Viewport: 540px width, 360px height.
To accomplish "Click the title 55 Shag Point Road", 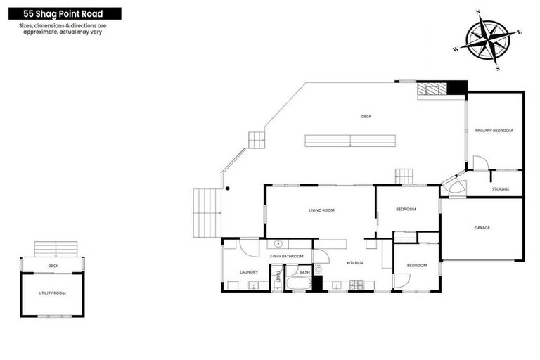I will point(62,13).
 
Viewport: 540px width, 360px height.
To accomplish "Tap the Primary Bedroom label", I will point(494,131).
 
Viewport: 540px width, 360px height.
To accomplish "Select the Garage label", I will point(482,227).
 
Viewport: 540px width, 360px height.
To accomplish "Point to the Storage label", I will point(501,189).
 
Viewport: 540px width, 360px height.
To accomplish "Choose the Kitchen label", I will point(354,262).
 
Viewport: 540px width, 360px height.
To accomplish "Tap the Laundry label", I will point(249,272).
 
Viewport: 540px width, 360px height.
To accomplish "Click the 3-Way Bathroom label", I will point(286,256).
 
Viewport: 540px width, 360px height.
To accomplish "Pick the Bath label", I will point(304,272).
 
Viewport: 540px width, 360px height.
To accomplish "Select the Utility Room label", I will point(52,292).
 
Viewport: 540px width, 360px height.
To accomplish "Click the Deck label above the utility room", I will point(53,266).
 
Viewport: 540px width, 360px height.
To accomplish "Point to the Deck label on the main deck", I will point(366,117).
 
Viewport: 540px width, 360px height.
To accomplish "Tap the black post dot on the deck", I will point(227,188).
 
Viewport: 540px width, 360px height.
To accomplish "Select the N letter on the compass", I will point(478,12).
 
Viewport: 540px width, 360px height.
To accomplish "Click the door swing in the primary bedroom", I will point(480,163).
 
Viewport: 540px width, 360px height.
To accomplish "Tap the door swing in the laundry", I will point(250,247).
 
